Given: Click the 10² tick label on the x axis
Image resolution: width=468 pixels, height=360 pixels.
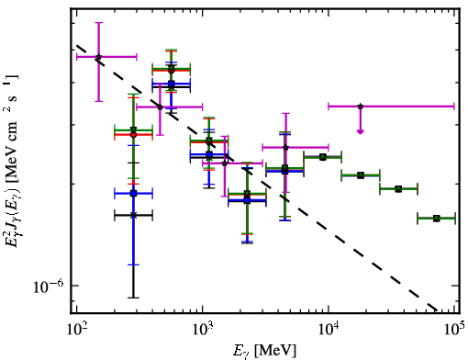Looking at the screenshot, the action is tap(76, 332).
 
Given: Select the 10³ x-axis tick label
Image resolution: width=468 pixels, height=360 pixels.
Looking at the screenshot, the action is tap(202, 332).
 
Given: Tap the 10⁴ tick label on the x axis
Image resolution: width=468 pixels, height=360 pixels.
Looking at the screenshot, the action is tap(329, 332).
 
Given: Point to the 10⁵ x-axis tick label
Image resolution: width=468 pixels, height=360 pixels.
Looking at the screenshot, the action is tap(454, 332).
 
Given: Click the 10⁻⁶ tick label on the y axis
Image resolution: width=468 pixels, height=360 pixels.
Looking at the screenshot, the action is tap(49, 287).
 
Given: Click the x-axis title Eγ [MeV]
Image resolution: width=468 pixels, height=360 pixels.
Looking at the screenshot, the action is tap(264, 351).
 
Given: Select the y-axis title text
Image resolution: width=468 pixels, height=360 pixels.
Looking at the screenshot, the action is tap(12, 161).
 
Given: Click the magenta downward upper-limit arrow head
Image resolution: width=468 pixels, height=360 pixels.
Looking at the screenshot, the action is tap(361, 131).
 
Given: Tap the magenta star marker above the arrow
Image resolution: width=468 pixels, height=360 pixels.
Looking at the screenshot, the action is tap(361, 107).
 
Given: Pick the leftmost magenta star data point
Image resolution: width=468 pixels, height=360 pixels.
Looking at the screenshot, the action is tap(98, 57).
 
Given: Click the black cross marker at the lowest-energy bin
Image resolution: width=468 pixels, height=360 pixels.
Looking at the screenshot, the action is tap(133, 216).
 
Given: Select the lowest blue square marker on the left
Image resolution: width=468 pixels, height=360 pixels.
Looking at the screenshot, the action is tap(133, 193).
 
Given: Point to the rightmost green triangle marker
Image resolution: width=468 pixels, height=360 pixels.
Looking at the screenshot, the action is tap(437, 219).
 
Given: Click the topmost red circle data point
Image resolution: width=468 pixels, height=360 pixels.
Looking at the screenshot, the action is tap(171, 71).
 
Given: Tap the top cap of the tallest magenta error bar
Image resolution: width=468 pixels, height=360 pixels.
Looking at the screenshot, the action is tap(98, 22).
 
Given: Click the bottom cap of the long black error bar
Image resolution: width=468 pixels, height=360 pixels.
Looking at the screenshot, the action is tap(133, 298).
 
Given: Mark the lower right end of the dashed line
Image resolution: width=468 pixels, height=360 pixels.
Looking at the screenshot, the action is tap(437, 309).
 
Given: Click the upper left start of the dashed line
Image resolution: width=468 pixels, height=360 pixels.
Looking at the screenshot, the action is tap(77, 46).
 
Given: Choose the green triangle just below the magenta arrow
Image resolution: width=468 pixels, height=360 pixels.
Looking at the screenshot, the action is tap(361, 175).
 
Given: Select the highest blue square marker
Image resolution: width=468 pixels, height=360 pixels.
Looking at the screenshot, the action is tap(171, 84).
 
